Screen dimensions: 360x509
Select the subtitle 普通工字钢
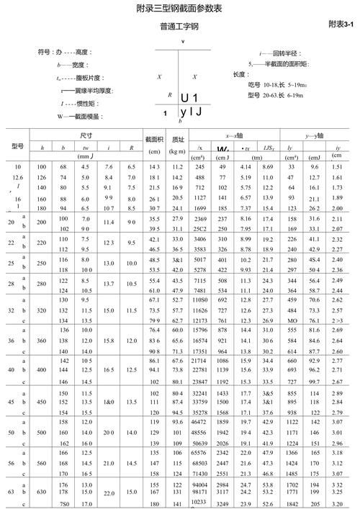179,27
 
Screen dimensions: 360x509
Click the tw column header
86,147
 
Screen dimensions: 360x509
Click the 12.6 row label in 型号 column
18,176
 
